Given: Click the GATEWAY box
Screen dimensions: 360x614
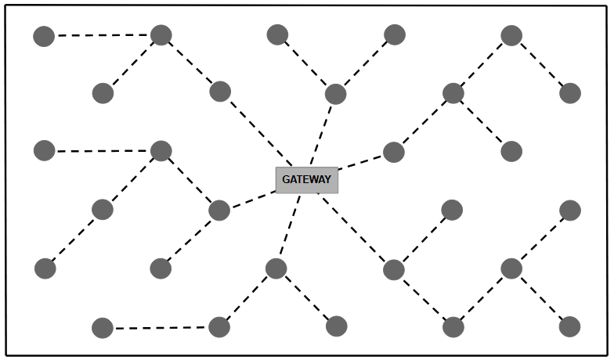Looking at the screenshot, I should point(306,179).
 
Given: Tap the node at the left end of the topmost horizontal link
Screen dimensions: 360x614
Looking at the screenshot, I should point(44,36).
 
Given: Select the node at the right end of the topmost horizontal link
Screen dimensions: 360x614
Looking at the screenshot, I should point(161,34).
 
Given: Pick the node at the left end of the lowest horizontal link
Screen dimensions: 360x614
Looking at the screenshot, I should point(103,328).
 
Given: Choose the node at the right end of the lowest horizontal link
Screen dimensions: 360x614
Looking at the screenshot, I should point(219,327).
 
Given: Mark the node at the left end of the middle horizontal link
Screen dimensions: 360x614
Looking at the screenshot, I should point(45,151).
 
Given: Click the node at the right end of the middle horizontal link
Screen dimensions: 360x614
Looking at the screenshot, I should point(161,151).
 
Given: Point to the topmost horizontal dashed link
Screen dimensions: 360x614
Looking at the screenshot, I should point(102,35).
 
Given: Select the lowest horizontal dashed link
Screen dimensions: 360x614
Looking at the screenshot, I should point(161,328).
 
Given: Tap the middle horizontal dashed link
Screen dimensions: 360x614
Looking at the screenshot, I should point(102,151).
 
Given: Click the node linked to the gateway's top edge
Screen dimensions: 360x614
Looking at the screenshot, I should point(335,94).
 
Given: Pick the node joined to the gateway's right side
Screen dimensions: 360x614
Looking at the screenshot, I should point(393,152).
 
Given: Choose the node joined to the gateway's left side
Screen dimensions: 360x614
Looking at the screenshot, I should point(219,210).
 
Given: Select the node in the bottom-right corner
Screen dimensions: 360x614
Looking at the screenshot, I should point(569,326).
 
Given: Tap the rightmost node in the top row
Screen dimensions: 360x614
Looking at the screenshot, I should point(511,35).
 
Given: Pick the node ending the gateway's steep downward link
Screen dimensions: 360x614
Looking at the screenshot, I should point(276,268).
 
